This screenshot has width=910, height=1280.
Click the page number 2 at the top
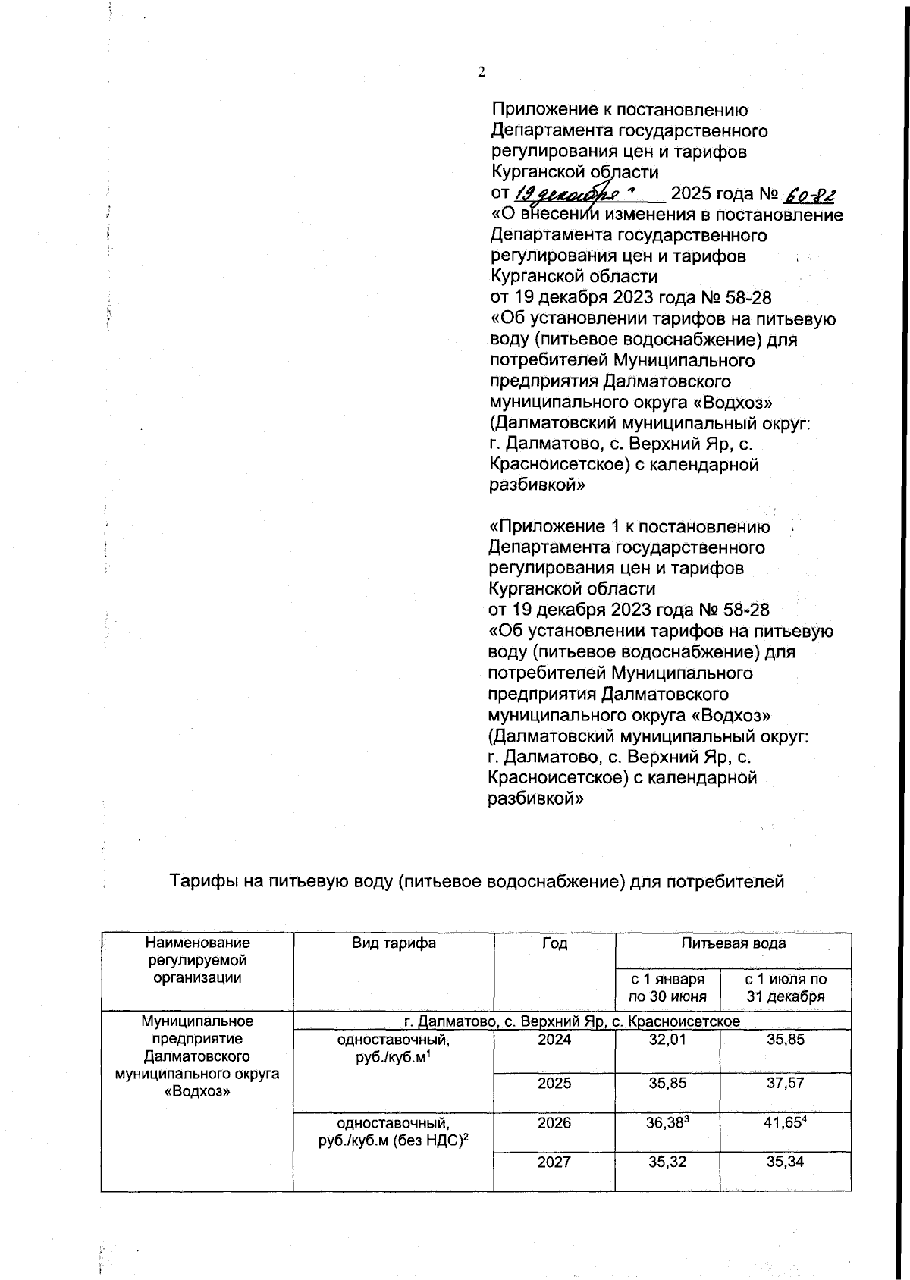(x=482, y=72)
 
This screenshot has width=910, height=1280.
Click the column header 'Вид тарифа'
(x=394, y=943)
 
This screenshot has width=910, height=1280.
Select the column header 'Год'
(x=554, y=943)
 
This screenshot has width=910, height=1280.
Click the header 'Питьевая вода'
(x=733, y=943)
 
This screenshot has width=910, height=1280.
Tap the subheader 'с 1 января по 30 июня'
(x=667, y=988)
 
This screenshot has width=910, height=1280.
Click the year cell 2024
(x=554, y=1040)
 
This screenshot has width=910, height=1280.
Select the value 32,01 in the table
(x=667, y=1040)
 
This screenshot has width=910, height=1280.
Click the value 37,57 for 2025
(x=785, y=1084)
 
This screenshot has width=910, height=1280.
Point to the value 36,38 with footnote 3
(x=667, y=1123)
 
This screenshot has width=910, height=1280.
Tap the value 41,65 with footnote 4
(x=785, y=1123)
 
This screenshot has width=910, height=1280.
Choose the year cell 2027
(x=554, y=1162)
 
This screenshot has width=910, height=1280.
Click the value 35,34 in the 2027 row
(x=785, y=1162)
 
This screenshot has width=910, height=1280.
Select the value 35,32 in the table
(x=667, y=1162)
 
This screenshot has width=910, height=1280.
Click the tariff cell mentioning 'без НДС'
(x=394, y=1131)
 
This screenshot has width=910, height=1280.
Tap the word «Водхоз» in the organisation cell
(x=197, y=1091)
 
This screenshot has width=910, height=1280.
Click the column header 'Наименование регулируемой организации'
(x=197, y=960)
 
